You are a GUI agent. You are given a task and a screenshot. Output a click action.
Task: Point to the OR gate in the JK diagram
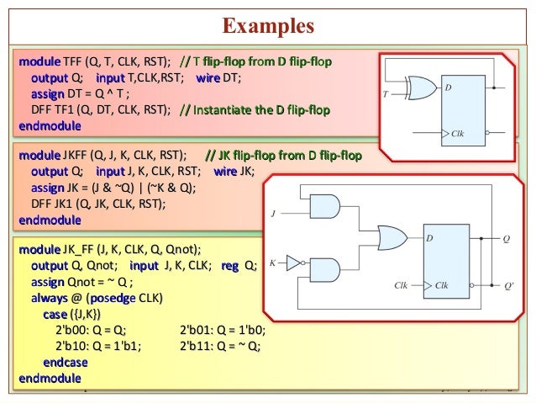[391, 237]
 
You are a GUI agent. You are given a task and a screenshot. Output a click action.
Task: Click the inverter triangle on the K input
[293, 262]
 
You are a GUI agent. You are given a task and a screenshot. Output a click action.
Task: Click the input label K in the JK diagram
[272, 262]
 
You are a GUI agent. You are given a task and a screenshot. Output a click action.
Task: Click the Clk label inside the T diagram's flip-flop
[457, 134]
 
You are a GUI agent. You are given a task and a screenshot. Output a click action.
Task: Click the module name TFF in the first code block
[75, 62]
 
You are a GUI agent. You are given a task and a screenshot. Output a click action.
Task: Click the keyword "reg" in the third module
[229, 266]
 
